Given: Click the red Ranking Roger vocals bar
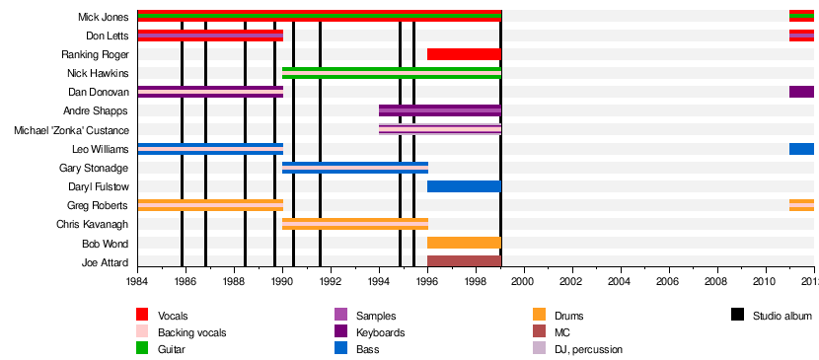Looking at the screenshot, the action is pyautogui.click(x=464, y=54).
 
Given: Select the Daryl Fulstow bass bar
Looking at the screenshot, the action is pyautogui.click(x=464, y=186).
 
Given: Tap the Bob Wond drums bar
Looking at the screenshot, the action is pyautogui.click(x=464, y=243).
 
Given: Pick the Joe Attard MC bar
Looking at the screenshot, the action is pyautogui.click(x=464, y=261).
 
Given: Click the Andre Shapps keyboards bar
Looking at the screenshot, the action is pyautogui.click(x=440, y=110).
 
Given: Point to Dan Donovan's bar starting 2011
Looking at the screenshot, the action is pyautogui.click(x=801, y=92).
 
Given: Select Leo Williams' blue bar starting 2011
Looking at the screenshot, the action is pyautogui.click(x=801, y=149).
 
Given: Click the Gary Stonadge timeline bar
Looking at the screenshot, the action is pyautogui.click(x=355, y=168).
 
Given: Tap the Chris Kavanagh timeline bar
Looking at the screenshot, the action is pyautogui.click(x=355, y=224).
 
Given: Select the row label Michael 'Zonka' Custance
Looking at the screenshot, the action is pyautogui.click(x=72, y=130).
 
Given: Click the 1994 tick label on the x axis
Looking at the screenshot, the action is pyautogui.click(x=379, y=281).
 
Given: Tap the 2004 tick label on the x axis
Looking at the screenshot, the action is pyautogui.click(x=621, y=281).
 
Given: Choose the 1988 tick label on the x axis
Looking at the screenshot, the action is pyautogui.click(x=234, y=281).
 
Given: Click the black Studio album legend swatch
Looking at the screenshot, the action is pyautogui.click(x=737, y=315).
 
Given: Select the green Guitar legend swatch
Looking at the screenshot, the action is pyautogui.click(x=142, y=348).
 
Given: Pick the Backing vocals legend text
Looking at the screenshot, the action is pyautogui.click(x=192, y=332).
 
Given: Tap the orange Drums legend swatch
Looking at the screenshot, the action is pyautogui.click(x=539, y=315).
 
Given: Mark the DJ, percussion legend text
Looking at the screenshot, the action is pyautogui.click(x=589, y=349).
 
